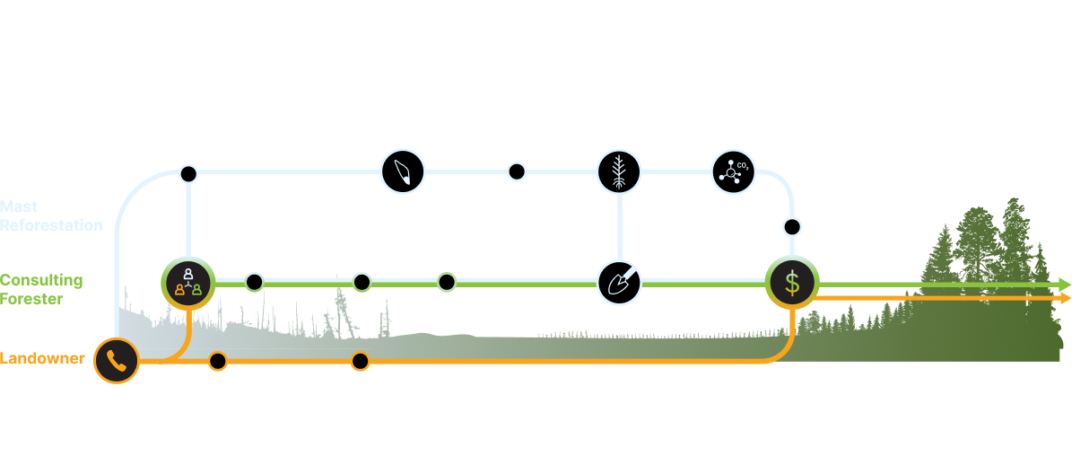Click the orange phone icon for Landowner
(x=117, y=361)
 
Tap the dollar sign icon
(x=791, y=284)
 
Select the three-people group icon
(x=187, y=283)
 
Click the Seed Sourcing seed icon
(x=403, y=171)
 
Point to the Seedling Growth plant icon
(x=619, y=171)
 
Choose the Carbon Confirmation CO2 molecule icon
(x=733, y=171)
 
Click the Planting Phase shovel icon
(x=619, y=283)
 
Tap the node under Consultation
(x=187, y=172)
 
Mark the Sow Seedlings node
(x=517, y=171)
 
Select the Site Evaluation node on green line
(x=254, y=283)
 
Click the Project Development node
(x=362, y=283)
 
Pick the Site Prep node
(x=446, y=283)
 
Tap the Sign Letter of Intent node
(x=217, y=362)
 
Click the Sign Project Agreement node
(x=360, y=362)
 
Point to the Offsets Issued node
(x=792, y=225)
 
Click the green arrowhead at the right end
(x=1065, y=285)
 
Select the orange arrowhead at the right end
(x=1065, y=298)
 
